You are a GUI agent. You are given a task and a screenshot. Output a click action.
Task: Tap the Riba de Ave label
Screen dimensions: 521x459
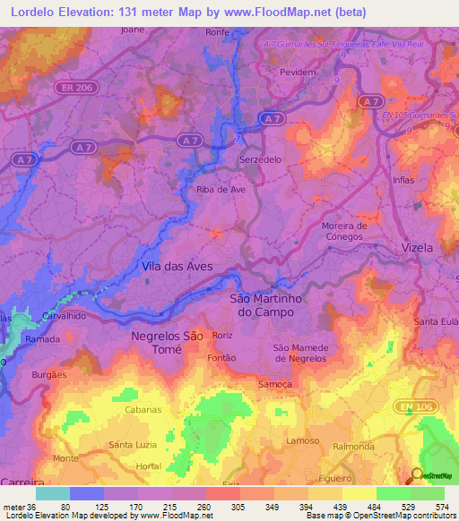221,190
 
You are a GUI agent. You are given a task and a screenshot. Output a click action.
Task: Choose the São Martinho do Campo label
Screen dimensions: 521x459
269,304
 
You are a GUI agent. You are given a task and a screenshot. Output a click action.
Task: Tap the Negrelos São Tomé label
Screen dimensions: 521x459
167,343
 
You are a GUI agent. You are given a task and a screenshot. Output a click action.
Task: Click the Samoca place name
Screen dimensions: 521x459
275,384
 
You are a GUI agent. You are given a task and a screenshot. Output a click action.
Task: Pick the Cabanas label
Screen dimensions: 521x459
143,409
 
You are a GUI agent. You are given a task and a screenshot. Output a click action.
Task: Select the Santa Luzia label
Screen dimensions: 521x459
133,445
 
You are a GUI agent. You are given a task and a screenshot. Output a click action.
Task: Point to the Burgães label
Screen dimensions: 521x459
49,375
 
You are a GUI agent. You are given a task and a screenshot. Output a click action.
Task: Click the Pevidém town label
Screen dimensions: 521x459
299,70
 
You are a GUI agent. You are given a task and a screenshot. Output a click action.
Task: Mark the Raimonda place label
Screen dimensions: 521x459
352,446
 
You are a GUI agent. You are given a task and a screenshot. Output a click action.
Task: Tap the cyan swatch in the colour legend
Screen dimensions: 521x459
53,493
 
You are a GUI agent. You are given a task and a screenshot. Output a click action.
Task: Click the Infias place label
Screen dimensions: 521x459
403,180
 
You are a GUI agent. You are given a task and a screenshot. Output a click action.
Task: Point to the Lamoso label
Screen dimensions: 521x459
302,441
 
